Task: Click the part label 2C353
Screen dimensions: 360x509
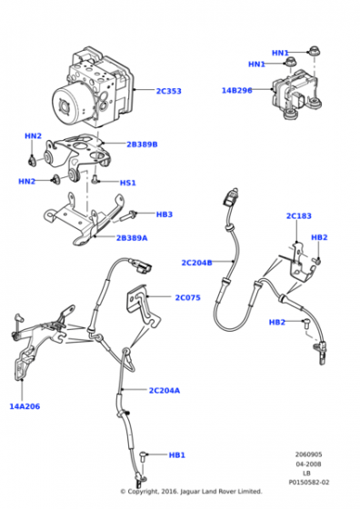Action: point(168,91)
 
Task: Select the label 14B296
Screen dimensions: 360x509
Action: point(236,90)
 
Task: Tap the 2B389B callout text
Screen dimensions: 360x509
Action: point(142,145)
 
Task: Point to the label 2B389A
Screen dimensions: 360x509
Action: point(132,238)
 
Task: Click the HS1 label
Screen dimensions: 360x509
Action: point(128,183)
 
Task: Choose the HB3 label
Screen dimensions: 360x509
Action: point(165,215)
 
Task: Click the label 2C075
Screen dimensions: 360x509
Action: point(187,297)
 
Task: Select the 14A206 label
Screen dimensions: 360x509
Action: point(25,406)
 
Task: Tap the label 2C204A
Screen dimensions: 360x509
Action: point(165,390)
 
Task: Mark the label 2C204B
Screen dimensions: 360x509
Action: point(196,263)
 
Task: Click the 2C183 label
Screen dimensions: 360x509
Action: point(299,216)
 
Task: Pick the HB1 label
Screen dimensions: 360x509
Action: point(177,455)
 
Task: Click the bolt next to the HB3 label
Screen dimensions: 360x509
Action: point(129,216)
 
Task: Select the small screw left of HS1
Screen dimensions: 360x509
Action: point(95,179)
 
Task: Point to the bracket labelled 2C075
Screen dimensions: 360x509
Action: point(143,305)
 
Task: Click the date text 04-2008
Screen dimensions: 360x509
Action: point(308,464)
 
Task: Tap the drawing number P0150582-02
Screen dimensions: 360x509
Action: point(309,483)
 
